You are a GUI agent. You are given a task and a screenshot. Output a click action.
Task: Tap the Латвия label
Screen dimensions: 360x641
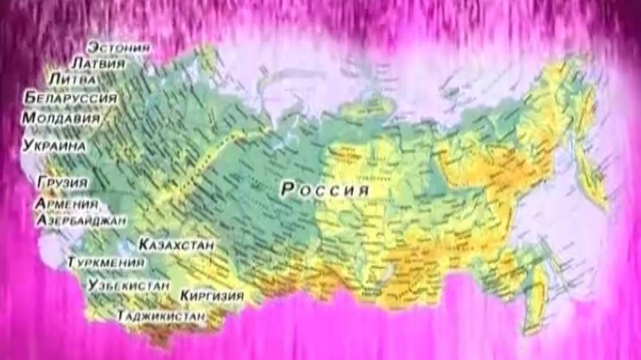[98, 63]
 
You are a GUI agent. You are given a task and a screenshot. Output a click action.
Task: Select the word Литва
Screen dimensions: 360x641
[72, 79]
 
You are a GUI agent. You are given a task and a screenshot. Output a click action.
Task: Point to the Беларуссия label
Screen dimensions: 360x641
[71, 98]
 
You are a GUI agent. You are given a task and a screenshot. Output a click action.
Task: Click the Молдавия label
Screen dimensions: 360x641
[61, 118]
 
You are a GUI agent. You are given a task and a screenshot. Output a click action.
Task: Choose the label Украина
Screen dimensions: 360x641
[54, 146]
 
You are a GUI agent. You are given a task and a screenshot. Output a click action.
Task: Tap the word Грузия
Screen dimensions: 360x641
[62, 182]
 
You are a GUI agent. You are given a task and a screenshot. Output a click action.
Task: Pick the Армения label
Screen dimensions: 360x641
[66, 205]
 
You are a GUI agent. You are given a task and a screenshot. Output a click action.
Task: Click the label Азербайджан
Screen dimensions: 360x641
[81, 220]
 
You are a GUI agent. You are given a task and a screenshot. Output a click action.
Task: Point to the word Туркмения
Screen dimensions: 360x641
[106, 263]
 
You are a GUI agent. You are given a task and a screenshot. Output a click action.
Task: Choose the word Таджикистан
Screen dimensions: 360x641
[161, 315]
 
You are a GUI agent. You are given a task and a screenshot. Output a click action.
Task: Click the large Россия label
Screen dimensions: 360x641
[325, 190]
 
